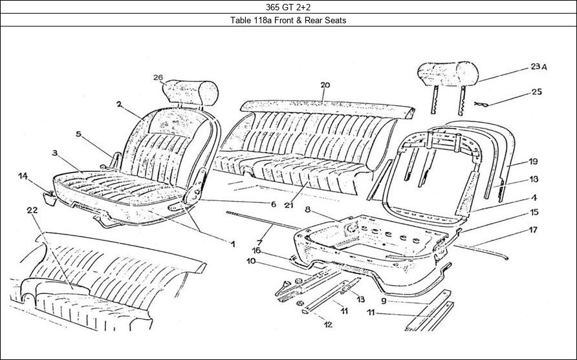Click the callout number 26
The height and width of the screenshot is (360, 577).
tap(158, 78)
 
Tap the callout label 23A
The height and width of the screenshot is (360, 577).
tap(539, 67)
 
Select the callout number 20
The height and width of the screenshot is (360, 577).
tap(325, 85)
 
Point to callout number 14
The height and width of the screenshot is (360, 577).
tap(23, 176)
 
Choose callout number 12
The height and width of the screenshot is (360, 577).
tap(328, 324)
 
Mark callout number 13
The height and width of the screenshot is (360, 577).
tap(360, 299)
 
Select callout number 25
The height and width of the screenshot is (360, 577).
tap(537, 92)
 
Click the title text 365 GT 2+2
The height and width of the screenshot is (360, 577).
tap(288, 8)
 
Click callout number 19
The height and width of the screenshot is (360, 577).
tap(533, 161)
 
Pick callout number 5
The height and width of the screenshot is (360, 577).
tap(78, 134)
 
